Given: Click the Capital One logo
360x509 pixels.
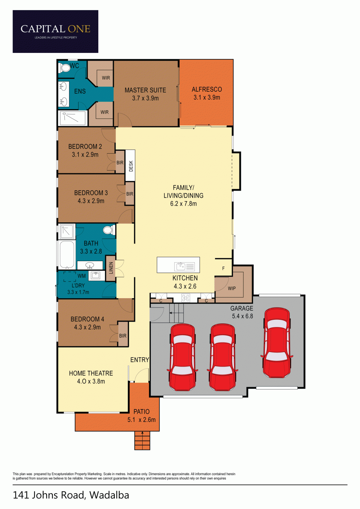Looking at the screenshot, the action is point(55,31).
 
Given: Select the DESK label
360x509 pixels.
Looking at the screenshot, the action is point(131,166).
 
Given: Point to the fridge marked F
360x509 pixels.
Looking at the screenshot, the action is point(223,268).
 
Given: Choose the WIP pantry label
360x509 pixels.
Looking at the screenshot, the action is point(232,288).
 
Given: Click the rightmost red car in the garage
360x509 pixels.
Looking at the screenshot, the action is point(276,343).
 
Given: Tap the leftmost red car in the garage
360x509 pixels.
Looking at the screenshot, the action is point(182,357).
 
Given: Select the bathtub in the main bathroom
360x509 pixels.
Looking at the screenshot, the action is point(67,255).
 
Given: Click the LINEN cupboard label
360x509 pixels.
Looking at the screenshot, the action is point(111,268).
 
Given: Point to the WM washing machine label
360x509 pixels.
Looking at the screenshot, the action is point(82,276).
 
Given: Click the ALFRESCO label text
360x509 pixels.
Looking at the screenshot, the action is point(207,89).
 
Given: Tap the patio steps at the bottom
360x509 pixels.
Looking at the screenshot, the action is point(142,440).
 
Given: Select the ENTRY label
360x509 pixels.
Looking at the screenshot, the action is point(140,360).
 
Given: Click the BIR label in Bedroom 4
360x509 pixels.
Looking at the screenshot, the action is point(123,336).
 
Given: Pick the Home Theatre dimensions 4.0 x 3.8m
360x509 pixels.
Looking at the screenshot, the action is point(91,381).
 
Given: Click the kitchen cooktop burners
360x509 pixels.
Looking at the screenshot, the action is point(185,298).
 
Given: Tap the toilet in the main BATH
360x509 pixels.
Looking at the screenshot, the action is point(109,230).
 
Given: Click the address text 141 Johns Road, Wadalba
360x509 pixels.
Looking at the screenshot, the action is point(71,495).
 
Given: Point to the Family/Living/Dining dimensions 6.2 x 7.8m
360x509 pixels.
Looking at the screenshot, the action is point(184,204).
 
